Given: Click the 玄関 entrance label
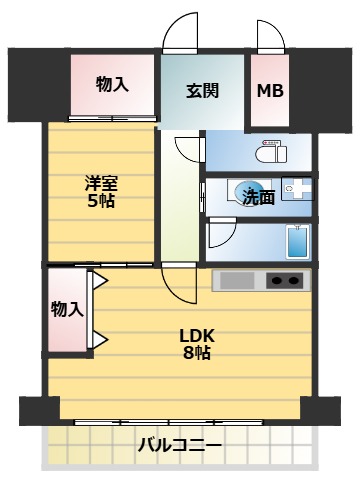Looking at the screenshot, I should [x=203, y=91].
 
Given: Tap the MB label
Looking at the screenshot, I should [x=270, y=91].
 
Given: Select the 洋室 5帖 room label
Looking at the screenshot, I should [x=100, y=191].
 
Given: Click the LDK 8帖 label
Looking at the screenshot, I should [x=197, y=343].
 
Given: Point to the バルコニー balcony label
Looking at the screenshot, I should [x=179, y=444].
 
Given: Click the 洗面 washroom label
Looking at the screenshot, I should [x=259, y=197].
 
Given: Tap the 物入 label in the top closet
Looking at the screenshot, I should [x=112, y=84].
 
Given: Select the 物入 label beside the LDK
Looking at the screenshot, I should [x=67, y=310].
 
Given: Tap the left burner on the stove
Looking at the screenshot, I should [x=277, y=281].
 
